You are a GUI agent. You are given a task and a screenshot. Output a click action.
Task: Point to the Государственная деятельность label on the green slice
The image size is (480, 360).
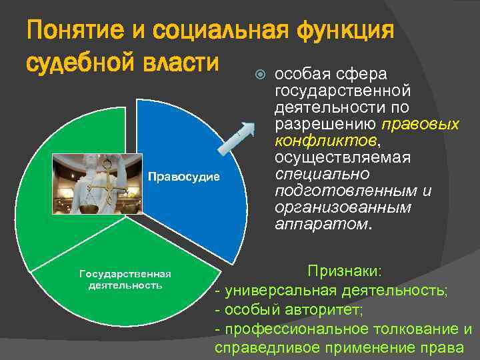click(x=125, y=279)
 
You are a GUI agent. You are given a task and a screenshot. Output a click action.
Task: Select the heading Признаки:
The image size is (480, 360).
click(x=344, y=272)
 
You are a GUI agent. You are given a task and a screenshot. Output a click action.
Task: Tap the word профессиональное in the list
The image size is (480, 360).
click(x=293, y=329)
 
